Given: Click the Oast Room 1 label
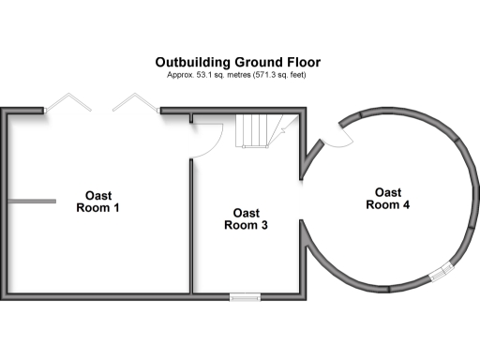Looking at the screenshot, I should (97, 202).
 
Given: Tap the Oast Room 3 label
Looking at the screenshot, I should (247, 218).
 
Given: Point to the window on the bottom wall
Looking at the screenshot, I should (245, 297).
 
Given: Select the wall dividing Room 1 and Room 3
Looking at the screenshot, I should (191, 225).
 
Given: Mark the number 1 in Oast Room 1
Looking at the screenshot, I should (115, 207).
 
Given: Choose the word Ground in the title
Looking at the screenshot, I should (262, 63).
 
